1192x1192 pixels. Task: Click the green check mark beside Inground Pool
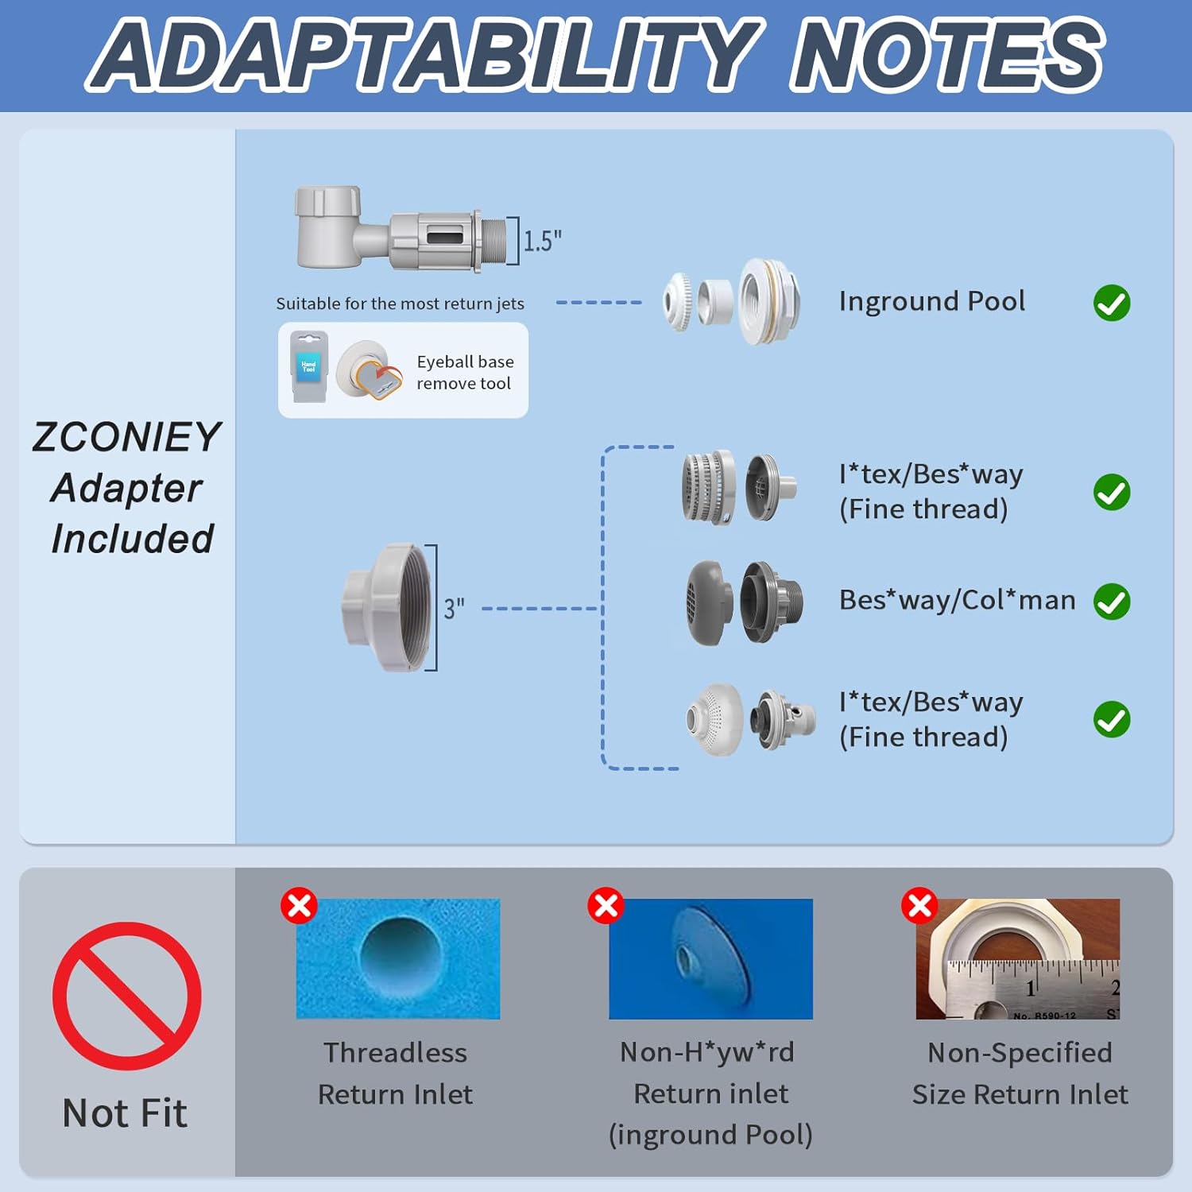1112,303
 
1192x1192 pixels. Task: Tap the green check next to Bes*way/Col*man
1112,602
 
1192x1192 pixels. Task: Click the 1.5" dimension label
542,240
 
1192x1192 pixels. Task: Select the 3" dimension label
454,609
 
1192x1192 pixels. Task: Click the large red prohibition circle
127,996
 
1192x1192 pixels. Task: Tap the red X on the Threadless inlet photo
299,906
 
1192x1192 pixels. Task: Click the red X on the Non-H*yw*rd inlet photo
606,906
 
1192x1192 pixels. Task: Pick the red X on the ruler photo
919,906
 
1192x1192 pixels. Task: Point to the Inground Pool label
931,301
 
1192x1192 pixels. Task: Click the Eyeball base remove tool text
465,372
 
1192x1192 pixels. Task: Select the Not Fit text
125,1113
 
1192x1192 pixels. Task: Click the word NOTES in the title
946,56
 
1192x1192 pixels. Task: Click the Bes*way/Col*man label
957,600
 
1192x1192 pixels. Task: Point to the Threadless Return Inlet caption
395,1073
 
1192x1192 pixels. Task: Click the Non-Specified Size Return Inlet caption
1020,1073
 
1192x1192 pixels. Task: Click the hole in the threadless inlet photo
399,954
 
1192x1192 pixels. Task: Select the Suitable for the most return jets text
400,304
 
